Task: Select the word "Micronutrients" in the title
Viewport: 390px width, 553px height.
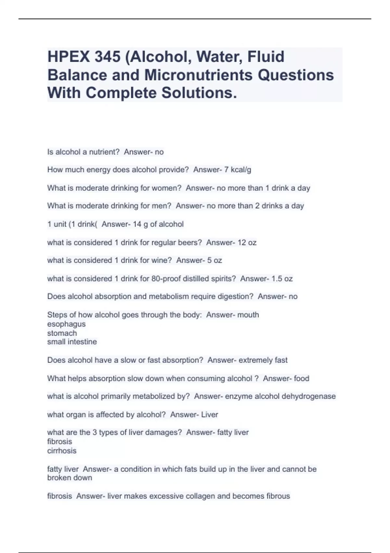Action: coord(198,75)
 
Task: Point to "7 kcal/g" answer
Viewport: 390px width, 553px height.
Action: coord(238,170)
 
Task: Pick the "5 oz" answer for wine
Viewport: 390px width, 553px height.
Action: coord(214,261)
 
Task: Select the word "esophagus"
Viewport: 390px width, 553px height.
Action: coord(66,324)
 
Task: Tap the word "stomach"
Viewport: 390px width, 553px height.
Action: coord(62,333)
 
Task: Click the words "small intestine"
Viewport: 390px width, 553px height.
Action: coord(72,342)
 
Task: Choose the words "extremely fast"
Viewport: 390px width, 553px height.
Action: coord(263,360)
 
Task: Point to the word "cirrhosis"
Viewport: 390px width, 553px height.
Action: coord(62,451)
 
